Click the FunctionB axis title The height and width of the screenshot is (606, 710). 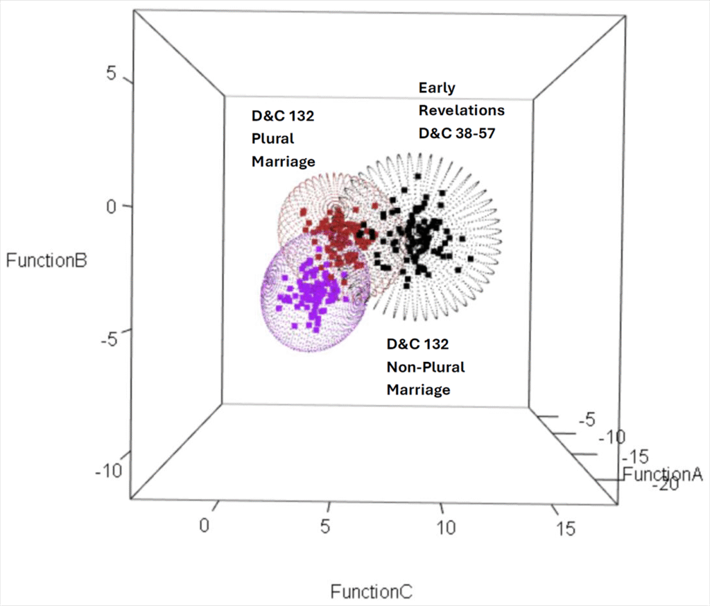pyautogui.click(x=46, y=261)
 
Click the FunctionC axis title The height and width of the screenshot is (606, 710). pyautogui.click(x=371, y=592)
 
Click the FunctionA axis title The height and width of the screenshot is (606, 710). pyautogui.click(x=663, y=474)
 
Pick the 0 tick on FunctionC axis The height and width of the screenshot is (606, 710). pyautogui.click(x=204, y=525)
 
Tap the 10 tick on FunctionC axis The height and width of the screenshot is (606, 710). pyautogui.click(x=447, y=528)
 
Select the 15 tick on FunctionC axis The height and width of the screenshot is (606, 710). pyautogui.click(x=566, y=528)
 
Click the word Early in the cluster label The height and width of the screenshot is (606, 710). pyautogui.click(x=437, y=88)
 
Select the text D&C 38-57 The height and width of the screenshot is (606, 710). pyautogui.click(x=456, y=132)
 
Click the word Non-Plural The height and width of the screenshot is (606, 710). pyautogui.click(x=426, y=366)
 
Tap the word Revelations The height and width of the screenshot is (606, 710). pyautogui.click(x=461, y=110)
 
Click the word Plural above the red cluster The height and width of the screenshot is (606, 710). pyautogui.click(x=272, y=138)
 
